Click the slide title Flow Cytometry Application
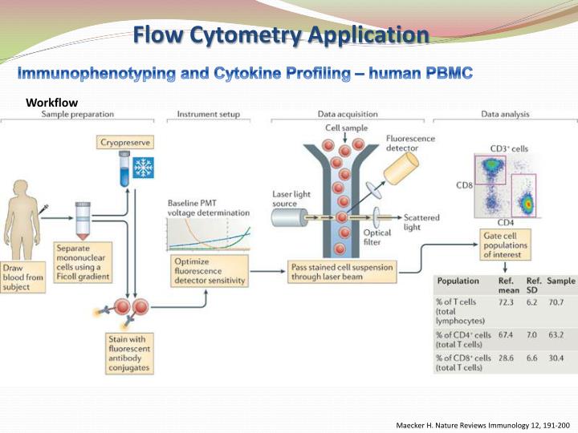pos(280,35)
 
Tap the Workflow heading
pos(54,102)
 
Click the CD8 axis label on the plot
pos(464,185)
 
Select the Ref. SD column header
pos(532,285)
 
